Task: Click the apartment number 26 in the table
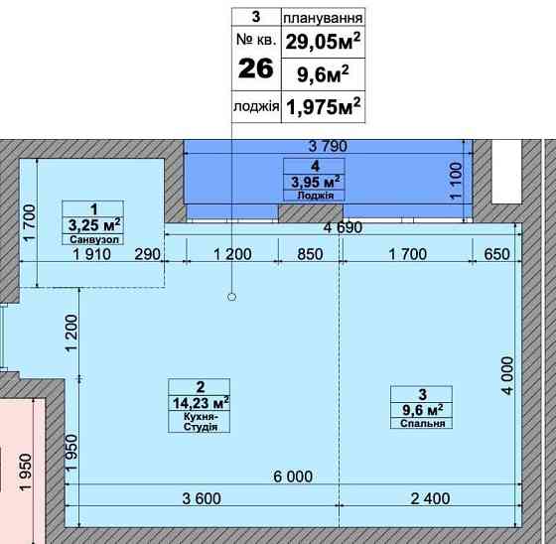tap(256, 68)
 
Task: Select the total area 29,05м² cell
tap(323, 42)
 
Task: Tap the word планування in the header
tap(323, 18)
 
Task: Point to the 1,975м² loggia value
tap(323, 107)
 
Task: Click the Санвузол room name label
tap(94, 239)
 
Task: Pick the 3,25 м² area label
tap(94, 224)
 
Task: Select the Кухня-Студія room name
tap(200, 421)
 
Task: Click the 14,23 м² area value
tap(201, 403)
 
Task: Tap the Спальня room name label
tap(422, 424)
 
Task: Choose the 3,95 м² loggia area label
tap(316, 182)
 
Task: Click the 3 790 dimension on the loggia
tap(328, 146)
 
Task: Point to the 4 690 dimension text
tap(344, 227)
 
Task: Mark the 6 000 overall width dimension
tap(293, 476)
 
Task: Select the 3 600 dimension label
tap(202, 498)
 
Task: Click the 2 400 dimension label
tap(431, 498)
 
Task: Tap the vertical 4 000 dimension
tap(507, 375)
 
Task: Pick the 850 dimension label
tap(310, 254)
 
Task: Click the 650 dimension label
tap(496, 254)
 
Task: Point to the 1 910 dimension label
tap(91, 254)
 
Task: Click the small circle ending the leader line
tap(232, 297)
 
